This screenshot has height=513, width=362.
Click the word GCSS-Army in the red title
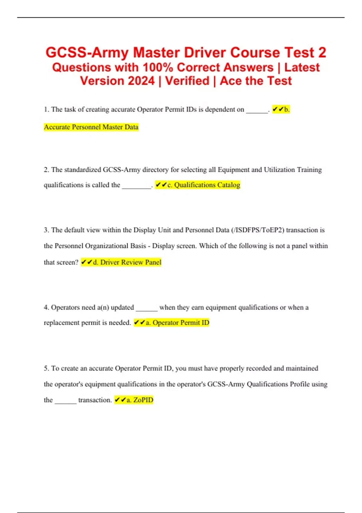click(87, 53)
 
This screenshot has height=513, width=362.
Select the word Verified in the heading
click(187, 81)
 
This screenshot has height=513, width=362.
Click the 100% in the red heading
click(157, 67)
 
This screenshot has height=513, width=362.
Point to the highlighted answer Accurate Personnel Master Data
click(91, 127)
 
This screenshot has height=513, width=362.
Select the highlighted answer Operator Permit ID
click(181, 323)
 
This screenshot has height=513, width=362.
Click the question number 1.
click(46, 109)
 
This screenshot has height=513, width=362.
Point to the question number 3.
click(46, 230)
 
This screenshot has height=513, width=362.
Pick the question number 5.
click(46, 368)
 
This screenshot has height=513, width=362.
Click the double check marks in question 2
click(161, 185)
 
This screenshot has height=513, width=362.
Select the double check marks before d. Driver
click(87, 262)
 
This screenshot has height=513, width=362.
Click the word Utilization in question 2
click(279, 170)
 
